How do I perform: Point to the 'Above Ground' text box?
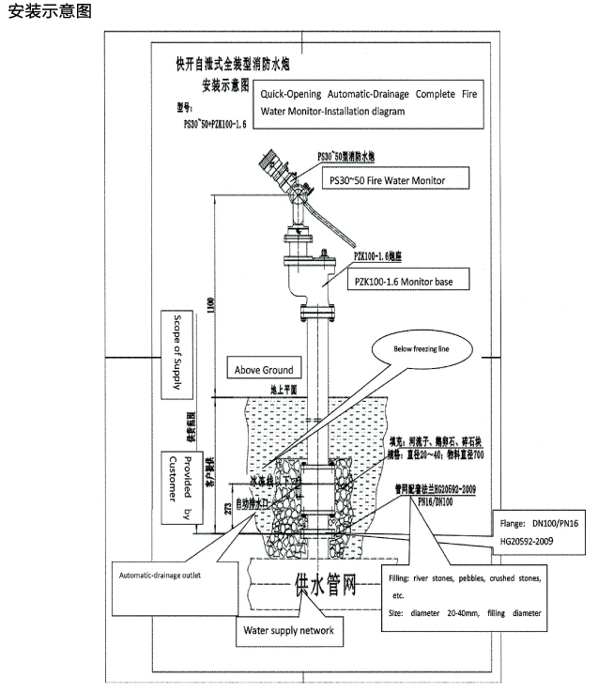click(264, 369)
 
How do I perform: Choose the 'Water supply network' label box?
click(287, 629)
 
